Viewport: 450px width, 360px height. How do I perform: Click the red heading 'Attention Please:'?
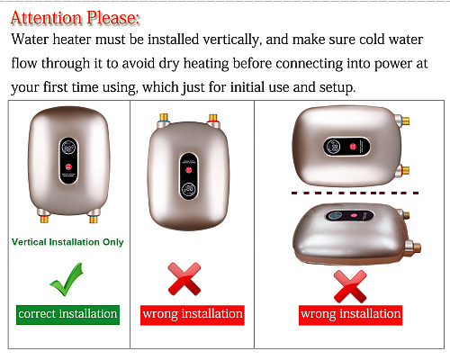point(76,18)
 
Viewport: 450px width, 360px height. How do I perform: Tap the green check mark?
point(67,281)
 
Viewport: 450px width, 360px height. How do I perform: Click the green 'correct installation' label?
point(67,315)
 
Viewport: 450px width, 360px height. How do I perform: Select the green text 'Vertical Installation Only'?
point(67,242)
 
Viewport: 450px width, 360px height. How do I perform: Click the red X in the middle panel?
point(184,279)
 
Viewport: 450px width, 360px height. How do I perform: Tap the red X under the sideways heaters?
point(350,286)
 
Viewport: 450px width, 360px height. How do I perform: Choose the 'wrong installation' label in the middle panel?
point(193,315)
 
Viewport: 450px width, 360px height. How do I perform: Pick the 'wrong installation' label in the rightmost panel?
point(350,315)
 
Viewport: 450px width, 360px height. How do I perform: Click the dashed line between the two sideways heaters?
point(355,193)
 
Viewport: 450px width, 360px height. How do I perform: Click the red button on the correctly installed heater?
point(68,166)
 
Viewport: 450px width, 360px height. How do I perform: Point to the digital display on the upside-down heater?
point(188,189)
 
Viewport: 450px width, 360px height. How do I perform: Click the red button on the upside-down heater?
point(189,170)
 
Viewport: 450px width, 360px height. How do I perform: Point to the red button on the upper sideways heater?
point(353,147)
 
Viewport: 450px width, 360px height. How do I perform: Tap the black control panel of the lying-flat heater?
point(349,215)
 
